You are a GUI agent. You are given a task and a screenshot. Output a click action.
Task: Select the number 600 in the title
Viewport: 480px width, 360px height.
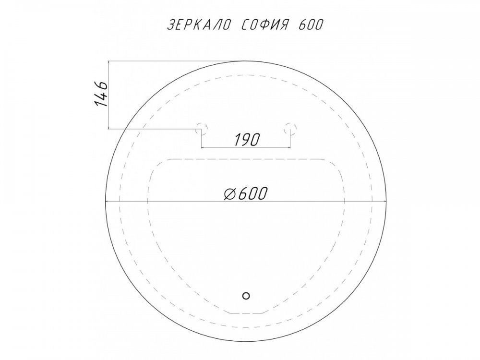coord(310,25)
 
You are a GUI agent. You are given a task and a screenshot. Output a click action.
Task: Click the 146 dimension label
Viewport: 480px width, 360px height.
coord(101,94)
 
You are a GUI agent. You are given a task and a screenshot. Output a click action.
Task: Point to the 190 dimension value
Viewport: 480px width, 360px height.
coord(247,140)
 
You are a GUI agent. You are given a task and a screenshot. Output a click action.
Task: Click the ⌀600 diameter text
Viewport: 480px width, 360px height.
coord(245,193)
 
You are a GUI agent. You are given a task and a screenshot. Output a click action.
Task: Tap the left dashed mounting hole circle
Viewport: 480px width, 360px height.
coord(202,128)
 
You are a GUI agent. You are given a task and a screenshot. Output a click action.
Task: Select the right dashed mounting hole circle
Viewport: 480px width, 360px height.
coord(290,128)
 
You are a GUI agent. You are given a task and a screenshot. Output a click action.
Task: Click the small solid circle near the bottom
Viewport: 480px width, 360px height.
coord(246,296)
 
